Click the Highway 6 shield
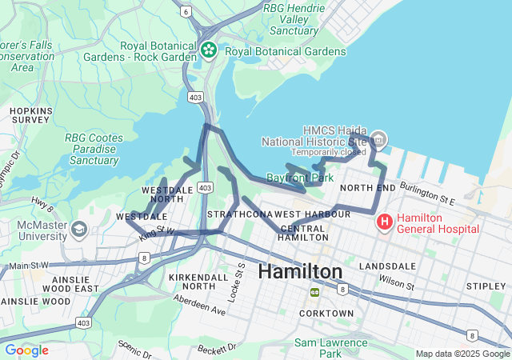[186, 11]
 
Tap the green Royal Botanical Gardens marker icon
[209, 50]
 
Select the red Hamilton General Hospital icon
[384, 220]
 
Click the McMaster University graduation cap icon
[78, 230]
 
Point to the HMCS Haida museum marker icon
[378, 139]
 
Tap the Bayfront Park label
[300, 177]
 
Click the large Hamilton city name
[300, 271]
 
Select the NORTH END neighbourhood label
[367, 187]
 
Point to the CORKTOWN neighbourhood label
[326, 313]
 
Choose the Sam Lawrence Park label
[330, 347]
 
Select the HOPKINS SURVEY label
[31, 114]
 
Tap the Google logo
[26, 350]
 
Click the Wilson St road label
[397, 283]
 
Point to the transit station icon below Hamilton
[315, 291]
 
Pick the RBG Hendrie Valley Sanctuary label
[294, 18]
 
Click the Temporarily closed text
[328, 152]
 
